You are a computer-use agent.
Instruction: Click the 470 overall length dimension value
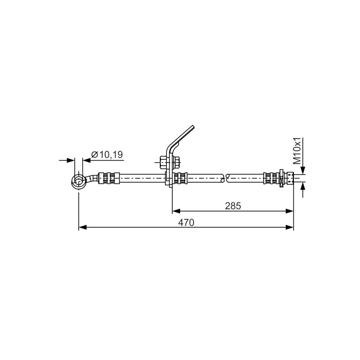point(186,222)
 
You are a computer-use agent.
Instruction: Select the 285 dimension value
point(233,206)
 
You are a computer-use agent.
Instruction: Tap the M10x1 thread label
point(297,151)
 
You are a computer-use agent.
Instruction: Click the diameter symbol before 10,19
point(94,154)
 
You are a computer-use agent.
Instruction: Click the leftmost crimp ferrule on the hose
point(109,178)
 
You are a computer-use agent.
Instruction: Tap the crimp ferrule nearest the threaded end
point(271,178)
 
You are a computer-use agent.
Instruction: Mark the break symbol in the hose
point(225,178)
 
